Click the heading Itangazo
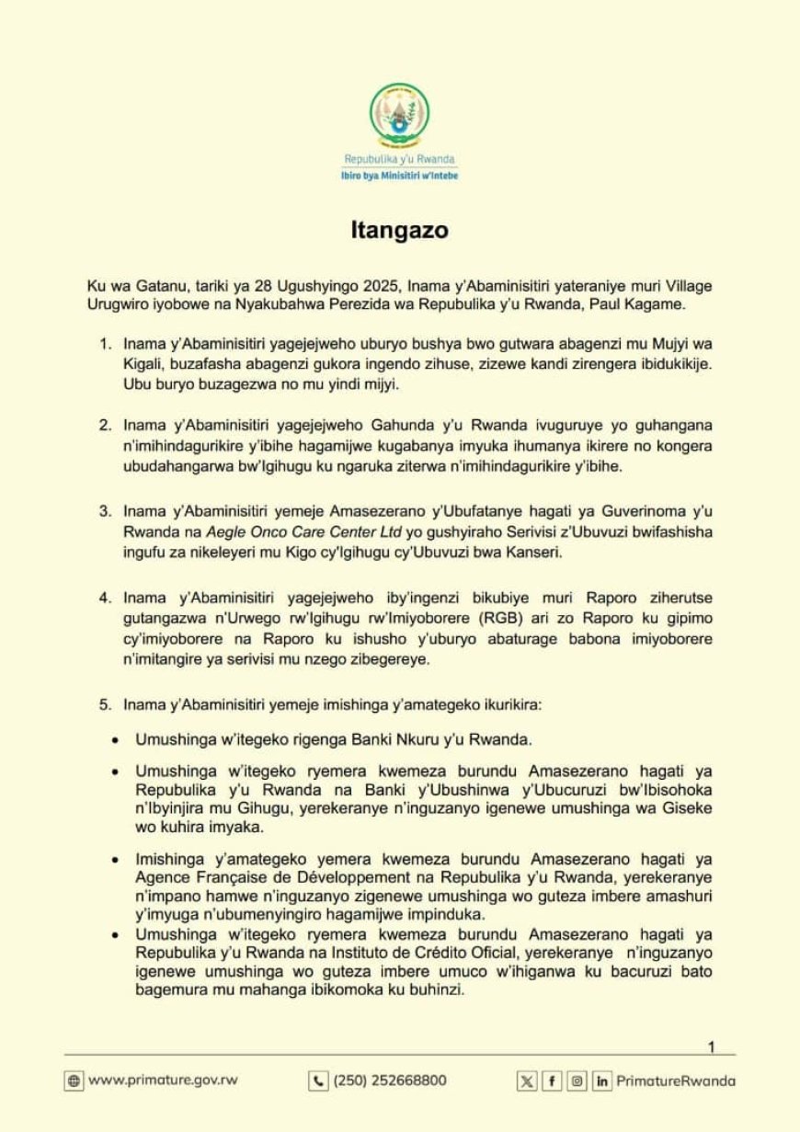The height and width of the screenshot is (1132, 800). click(399, 231)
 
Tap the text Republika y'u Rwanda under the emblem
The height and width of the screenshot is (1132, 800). click(399, 159)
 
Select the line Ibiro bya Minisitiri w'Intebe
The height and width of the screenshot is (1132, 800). click(399, 175)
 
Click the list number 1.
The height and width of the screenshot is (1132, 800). click(104, 344)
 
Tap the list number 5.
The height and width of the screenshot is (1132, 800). click(104, 705)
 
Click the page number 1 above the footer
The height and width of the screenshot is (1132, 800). click(711, 1047)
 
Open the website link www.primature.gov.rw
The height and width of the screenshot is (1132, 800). click(162, 1081)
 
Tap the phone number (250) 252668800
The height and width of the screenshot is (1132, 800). click(390, 1081)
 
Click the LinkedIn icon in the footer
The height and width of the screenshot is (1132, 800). click(602, 1081)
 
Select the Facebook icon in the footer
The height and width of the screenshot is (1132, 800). click(552, 1081)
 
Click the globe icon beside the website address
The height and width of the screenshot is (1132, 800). click(74, 1081)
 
